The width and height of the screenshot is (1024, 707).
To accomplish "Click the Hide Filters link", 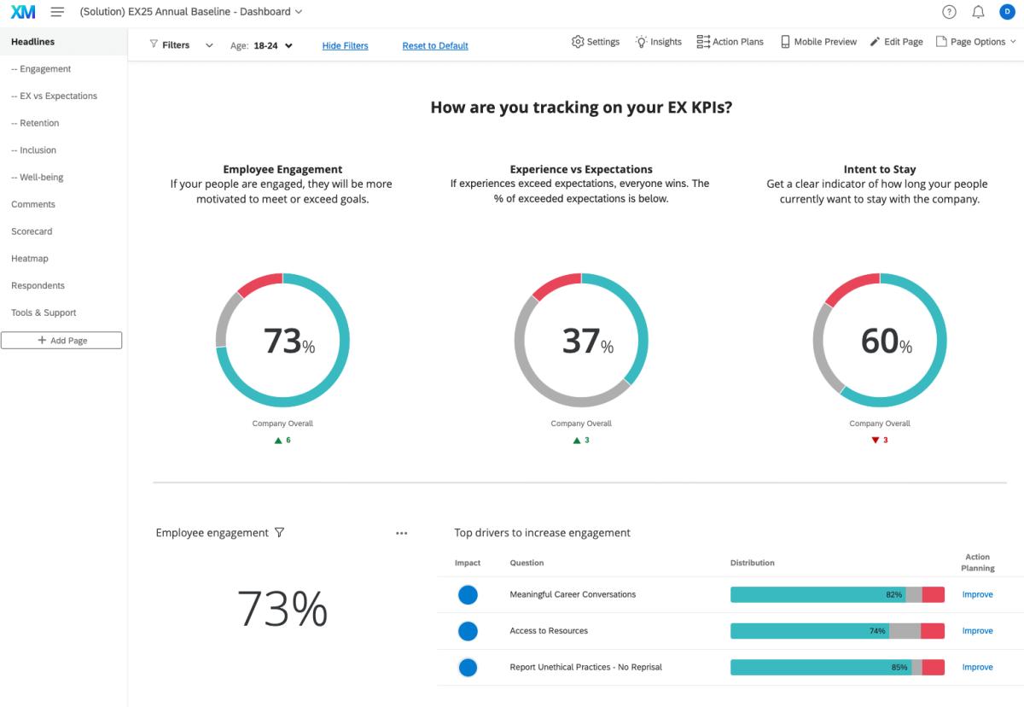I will [345, 46].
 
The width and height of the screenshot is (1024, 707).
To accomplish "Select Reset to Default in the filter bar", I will [435, 46].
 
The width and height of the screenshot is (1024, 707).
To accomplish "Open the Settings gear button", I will [596, 42].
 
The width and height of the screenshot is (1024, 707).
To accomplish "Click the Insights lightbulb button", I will [658, 42].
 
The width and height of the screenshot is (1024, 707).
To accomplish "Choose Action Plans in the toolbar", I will [730, 42].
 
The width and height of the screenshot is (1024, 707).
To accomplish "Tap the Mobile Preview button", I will [818, 42].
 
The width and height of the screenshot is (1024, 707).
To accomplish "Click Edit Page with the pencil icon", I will [896, 42].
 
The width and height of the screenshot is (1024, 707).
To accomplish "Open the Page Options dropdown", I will [976, 42].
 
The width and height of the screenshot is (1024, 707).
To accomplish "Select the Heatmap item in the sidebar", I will [30, 259].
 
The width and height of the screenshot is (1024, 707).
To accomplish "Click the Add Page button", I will [61, 341].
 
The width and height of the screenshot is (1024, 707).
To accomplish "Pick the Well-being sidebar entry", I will [38, 178].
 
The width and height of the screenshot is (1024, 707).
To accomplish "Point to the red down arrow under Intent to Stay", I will [875, 441].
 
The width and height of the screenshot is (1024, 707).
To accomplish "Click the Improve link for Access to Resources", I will [977, 631].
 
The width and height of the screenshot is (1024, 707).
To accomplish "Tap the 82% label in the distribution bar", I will [893, 595].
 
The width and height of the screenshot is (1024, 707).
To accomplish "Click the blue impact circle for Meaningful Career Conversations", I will [468, 595].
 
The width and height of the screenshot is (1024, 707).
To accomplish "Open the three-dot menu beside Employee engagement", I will [402, 534].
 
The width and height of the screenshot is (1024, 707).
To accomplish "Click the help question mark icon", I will [949, 12].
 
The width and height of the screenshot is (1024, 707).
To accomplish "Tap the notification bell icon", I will [978, 12].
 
